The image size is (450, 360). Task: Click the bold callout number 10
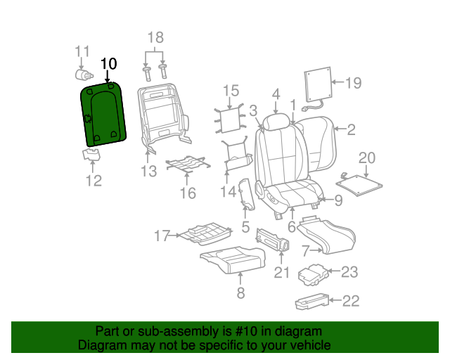tap(109, 64)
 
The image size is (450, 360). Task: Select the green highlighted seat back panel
tap(103, 115)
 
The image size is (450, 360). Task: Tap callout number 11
tap(82, 51)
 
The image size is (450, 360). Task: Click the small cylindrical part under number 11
tap(84, 75)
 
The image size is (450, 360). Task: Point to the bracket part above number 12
tap(91, 155)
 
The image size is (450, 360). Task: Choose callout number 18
tap(155, 37)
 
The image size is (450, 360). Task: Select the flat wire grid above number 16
tap(188, 165)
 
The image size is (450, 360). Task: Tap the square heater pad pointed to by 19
tap(318, 84)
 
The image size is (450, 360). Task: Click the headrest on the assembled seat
tap(276, 122)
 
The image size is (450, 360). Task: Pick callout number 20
tap(367, 158)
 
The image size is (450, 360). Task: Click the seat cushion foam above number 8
tap(233, 260)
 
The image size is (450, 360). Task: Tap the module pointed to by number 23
tap(313, 275)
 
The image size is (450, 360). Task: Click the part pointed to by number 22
tap(312, 301)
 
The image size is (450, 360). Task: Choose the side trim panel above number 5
tap(247, 194)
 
